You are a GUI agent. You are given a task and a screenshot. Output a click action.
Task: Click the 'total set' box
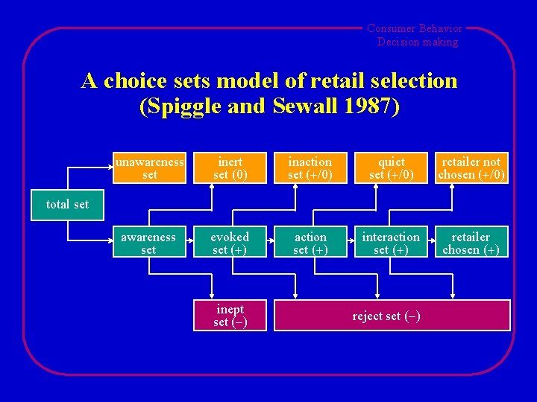tap(67, 204)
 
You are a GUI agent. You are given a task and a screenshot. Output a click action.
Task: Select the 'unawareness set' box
tap(149, 167)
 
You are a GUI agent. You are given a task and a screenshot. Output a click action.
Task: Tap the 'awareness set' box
tap(148, 243)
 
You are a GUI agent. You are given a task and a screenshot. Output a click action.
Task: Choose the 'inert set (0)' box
tap(230, 167)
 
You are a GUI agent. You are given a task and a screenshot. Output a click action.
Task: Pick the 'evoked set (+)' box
tap(230, 243)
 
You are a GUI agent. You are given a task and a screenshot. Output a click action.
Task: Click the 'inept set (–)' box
tap(230, 315)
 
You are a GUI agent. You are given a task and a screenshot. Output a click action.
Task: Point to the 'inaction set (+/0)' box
tap(310, 167)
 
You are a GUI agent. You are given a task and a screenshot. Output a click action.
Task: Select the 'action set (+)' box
tap(310, 243)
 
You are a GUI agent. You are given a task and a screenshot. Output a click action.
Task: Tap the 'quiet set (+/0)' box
tap(391, 167)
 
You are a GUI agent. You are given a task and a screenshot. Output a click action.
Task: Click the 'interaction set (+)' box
tap(391, 243)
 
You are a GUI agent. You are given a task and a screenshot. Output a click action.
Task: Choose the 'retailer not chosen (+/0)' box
tap(471, 167)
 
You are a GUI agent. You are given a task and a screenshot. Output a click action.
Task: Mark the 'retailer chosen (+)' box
tap(471, 243)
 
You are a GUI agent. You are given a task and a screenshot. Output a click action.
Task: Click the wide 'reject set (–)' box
tap(392, 315)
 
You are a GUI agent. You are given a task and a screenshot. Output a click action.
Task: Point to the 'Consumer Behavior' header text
tap(414, 28)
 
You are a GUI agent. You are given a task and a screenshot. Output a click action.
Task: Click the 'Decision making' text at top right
tap(418, 42)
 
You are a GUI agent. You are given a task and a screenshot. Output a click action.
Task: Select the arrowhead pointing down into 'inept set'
tap(213, 296)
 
